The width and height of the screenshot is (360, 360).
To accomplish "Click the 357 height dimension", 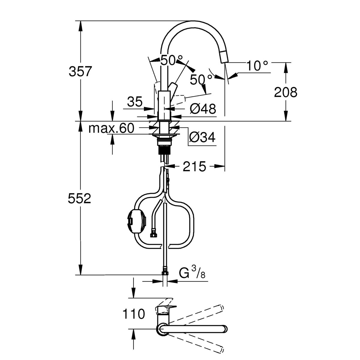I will click(x=80, y=72).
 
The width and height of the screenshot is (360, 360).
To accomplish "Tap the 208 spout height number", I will click(x=285, y=92).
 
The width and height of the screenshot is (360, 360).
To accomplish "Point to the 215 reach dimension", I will click(x=195, y=166).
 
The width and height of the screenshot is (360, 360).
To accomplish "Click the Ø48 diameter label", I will click(x=203, y=109).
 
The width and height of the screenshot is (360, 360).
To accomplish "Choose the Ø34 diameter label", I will click(x=202, y=137).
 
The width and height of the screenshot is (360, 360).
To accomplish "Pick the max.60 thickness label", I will click(x=111, y=128).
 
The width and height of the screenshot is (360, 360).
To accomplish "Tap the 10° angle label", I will click(x=257, y=66).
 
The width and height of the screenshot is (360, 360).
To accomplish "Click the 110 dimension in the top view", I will click(x=133, y=314).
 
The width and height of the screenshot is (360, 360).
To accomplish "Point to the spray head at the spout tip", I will click(x=223, y=57).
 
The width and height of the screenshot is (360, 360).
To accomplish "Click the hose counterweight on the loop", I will click(x=137, y=218).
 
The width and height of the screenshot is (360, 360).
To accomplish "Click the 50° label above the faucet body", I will click(x=171, y=61).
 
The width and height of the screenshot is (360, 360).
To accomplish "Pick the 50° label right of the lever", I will click(x=201, y=79).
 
